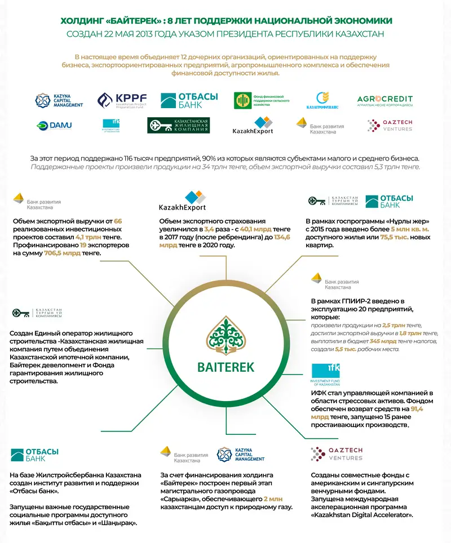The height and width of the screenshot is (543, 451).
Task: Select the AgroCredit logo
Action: click(385, 101)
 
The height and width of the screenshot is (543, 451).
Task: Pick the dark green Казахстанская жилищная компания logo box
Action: click(178, 126)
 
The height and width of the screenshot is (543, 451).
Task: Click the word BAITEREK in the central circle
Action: click(225, 367)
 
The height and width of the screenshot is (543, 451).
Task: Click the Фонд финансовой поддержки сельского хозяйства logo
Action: click(262, 101)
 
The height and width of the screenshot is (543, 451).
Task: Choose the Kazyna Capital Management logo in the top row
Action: click(59, 101)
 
